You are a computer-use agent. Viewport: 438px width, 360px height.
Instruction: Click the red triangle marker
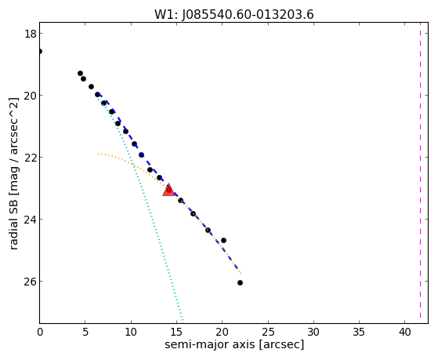click(168, 191)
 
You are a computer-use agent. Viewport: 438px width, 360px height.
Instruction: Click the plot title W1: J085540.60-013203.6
click(234, 14)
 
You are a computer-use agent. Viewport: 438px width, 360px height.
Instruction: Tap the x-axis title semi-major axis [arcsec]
click(234, 344)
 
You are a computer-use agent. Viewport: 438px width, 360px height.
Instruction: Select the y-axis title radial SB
click(13, 225)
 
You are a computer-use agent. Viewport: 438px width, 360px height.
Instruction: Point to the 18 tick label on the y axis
click(30, 34)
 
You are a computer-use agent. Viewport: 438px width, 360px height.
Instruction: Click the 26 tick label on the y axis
click(30, 282)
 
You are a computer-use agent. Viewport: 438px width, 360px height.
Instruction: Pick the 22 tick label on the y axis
click(30, 158)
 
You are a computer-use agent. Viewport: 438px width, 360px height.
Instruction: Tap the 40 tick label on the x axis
click(405, 332)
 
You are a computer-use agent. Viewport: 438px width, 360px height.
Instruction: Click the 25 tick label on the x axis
click(268, 332)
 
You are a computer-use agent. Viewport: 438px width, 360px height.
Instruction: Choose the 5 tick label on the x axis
click(85, 332)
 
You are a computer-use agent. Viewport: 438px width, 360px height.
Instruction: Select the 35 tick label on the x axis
click(359, 332)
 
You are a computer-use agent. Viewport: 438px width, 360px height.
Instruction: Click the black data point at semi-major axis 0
click(40, 51)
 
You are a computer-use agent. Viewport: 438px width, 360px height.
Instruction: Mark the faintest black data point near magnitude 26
click(240, 283)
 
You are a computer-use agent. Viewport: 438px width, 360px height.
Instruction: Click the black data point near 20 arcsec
click(223, 240)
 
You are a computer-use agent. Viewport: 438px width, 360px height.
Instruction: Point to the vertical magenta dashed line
click(420, 173)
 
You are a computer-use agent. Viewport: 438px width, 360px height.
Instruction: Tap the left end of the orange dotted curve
click(98, 154)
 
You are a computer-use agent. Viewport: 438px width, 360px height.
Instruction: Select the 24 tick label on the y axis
click(30, 220)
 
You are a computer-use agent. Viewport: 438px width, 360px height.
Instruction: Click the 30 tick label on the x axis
click(313, 332)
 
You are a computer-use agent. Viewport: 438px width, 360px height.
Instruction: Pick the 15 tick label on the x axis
click(176, 332)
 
